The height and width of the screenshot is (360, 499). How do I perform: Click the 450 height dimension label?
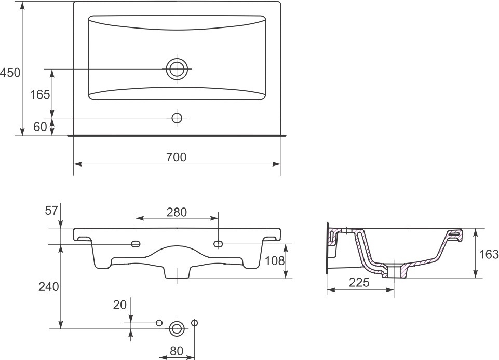click(x=10, y=73)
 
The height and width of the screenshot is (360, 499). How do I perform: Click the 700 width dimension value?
click(x=177, y=157)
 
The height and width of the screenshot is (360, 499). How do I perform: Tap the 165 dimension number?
click(x=40, y=94)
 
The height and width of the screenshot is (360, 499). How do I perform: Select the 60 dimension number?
click(x=40, y=127)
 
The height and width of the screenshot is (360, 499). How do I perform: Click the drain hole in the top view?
click(x=177, y=68)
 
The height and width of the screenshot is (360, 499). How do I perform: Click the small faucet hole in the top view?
click(x=177, y=118)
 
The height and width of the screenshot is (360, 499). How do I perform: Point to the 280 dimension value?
click(x=177, y=212)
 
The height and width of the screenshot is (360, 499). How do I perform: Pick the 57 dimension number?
click(x=51, y=210)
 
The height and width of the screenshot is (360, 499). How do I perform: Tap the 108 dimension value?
click(x=275, y=261)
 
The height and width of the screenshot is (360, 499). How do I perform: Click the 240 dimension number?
click(x=49, y=286)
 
